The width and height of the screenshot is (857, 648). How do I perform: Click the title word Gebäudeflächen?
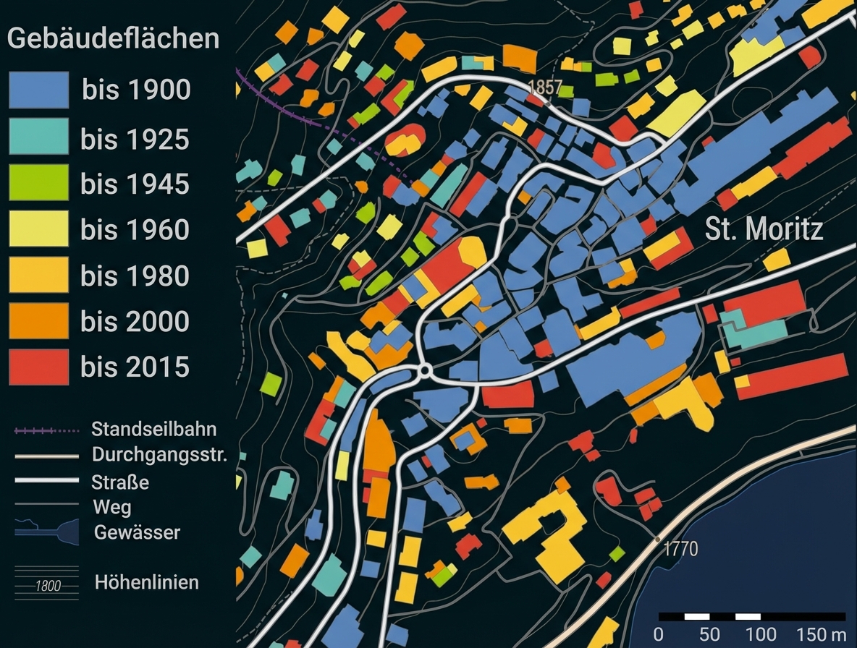click(x=113, y=38)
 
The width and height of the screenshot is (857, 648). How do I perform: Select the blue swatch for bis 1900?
click(x=39, y=90)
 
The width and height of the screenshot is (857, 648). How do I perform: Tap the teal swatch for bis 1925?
click(x=39, y=136)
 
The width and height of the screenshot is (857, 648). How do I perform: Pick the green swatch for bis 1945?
click(x=39, y=182)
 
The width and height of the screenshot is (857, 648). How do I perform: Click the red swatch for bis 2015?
click(x=39, y=367)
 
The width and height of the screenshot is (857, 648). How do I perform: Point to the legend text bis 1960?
click(x=135, y=230)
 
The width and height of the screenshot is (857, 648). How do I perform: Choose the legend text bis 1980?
click(x=135, y=276)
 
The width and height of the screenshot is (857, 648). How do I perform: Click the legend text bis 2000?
click(x=135, y=321)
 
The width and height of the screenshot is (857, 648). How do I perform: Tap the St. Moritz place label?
click(x=764, y=230)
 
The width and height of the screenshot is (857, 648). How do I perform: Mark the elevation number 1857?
click(x=545, y=87)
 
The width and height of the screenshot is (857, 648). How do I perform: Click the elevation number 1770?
click(x=680, y=550)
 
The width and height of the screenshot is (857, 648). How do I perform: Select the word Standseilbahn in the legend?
click(x=153, y=429)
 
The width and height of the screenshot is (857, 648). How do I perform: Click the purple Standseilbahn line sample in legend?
click(x=46, y=431)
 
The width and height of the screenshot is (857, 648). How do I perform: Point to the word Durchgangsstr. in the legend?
click(x=159, y=456)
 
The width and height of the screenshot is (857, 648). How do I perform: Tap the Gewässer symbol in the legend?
click(x=46, y=532)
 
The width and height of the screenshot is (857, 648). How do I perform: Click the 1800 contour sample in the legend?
click(x=47, y=586)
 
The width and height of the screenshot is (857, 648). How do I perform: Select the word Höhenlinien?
click(x=147, y=582)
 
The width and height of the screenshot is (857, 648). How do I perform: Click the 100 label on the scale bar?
click(x=761, y=634)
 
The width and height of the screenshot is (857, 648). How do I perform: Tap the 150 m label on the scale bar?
click(x=822, y=634)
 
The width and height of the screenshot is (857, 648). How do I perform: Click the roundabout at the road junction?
click(x=425, y=371)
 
